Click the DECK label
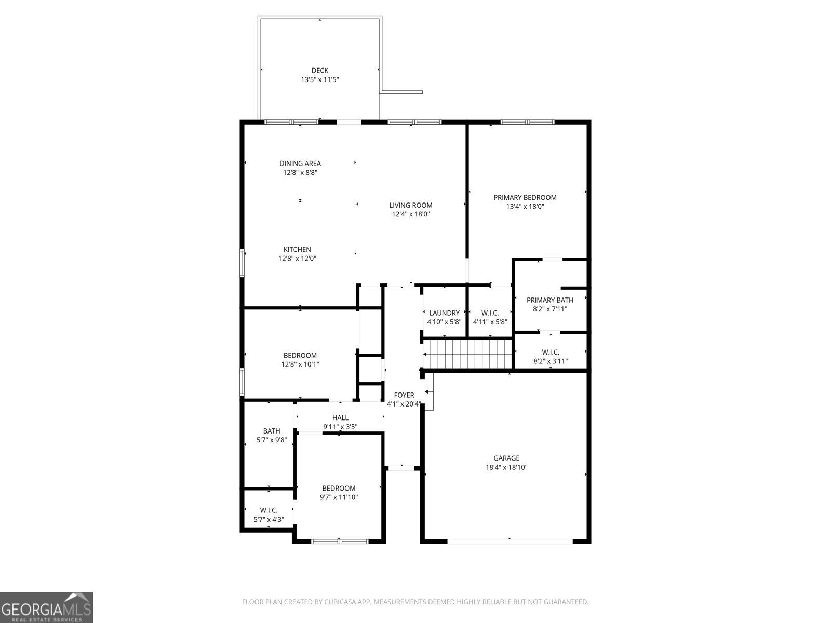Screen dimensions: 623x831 (319, 71)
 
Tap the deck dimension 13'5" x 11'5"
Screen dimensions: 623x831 (319, 80)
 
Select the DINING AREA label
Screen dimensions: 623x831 (300, 164)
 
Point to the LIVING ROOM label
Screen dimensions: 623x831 (410, 205)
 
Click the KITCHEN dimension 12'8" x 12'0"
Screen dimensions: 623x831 (297, 259)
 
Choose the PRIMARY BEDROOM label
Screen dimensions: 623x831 (525, 197)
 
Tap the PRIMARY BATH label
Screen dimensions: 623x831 (549, 300)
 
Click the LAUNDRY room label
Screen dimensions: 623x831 (444, 313)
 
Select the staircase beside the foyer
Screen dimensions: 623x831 (467, 354)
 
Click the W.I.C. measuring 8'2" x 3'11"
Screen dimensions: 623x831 (550, 357)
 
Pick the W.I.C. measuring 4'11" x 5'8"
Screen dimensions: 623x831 (490, 317)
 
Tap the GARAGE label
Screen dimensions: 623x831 (506, 458)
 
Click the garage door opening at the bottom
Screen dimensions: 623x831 (510, 541)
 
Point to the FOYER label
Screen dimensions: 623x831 (404, 395)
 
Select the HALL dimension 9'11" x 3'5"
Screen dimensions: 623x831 (340, 427)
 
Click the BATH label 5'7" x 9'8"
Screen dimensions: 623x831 (271, 431)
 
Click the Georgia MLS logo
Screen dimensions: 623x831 (47, 607)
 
